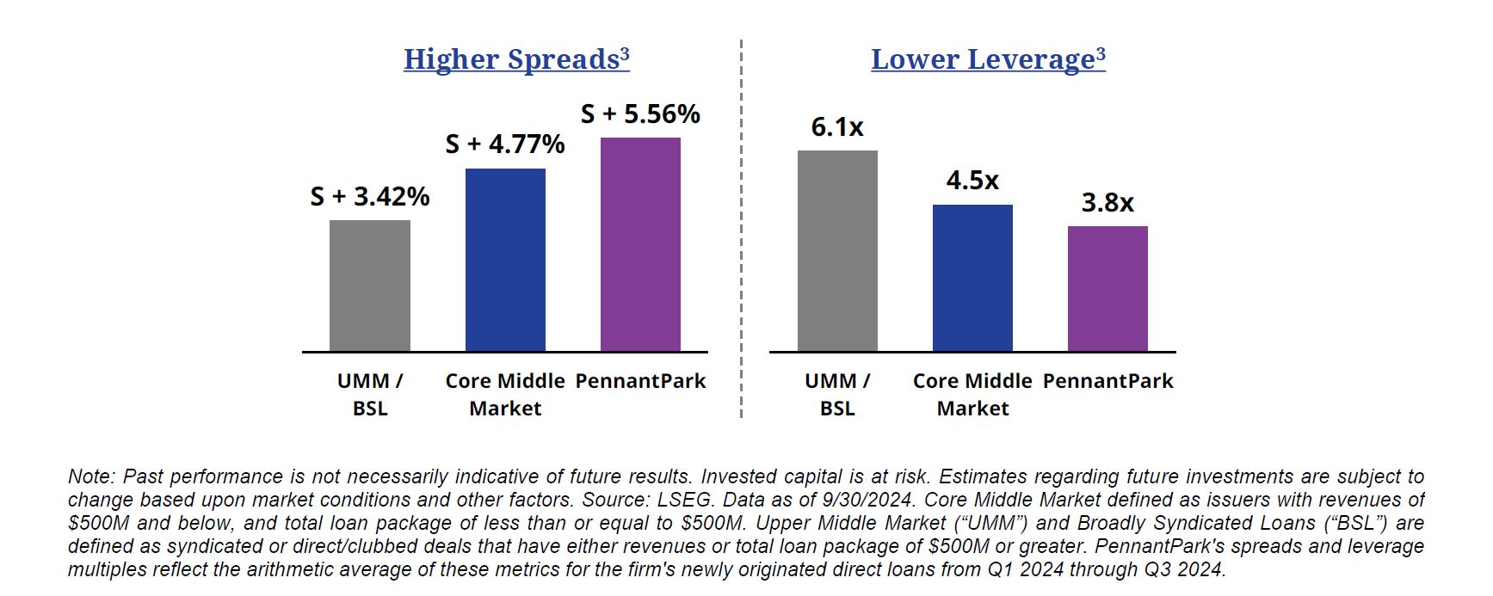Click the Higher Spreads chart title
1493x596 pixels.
516,59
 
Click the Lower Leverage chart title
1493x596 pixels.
987,59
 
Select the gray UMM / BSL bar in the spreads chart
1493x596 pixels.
370,286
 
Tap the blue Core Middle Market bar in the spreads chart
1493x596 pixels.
505,260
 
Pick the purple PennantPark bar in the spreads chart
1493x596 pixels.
640,244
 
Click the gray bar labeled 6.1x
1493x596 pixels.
837,251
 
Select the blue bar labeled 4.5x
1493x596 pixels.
972,278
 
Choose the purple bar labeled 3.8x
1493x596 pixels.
1107,289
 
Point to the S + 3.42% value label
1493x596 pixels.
370,197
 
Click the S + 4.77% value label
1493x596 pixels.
505,144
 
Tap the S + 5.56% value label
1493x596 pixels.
640,114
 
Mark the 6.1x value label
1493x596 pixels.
837,127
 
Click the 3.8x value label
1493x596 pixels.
1107,203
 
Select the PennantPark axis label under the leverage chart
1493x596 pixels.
1107,381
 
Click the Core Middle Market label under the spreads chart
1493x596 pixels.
505,394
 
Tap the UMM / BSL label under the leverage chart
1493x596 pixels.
837,394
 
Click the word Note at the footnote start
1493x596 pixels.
89,476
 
